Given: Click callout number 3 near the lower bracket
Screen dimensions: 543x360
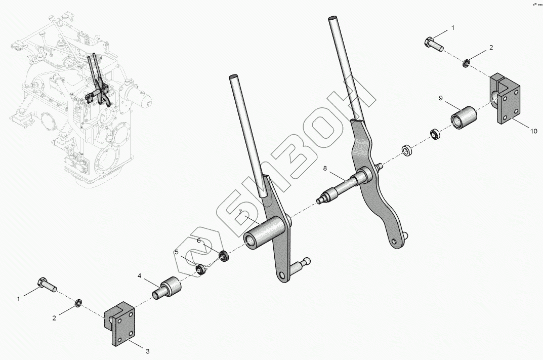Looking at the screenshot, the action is pos(148,350).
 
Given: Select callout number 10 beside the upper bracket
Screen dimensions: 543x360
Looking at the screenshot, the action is pos(534,131).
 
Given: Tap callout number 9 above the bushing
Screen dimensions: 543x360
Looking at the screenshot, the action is pos(441,97).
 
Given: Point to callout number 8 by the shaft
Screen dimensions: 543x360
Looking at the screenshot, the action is pos(325,168).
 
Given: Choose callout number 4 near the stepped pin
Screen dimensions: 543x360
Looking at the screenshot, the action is pos(138,276).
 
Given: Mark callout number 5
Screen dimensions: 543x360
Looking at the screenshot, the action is pos(177,252).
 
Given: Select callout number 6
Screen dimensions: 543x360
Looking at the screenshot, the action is pos(199,241).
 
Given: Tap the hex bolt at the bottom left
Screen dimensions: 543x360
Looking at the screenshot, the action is pos(45,285).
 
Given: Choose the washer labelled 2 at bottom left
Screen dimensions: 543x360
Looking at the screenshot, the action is pos(78,304).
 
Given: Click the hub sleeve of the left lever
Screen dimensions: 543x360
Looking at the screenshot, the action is pos(263,233).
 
